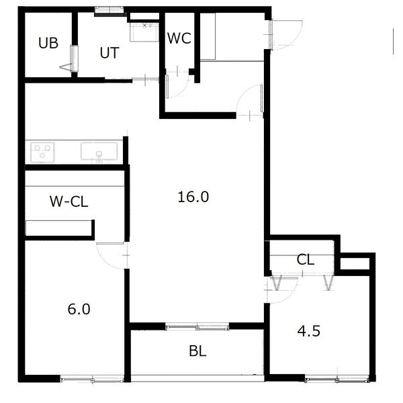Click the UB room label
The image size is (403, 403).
coord(48,43)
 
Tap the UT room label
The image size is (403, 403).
coord(109,53)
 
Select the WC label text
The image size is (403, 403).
coord(179,38)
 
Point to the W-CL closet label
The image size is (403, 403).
coord(69,201)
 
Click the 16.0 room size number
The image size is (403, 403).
coord(193,197)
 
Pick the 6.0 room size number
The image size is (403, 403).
coord(79,309)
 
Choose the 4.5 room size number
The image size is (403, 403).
coord(309,331)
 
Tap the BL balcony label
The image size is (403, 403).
coord(197,351)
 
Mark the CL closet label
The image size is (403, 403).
coord(306,259)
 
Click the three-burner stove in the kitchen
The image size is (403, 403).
coord(42,152)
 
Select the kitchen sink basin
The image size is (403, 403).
coord(99,152)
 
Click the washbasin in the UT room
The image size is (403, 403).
coord(144,32)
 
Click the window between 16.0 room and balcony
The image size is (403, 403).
coord(197,327)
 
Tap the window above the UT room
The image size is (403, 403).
coord(109,10)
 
